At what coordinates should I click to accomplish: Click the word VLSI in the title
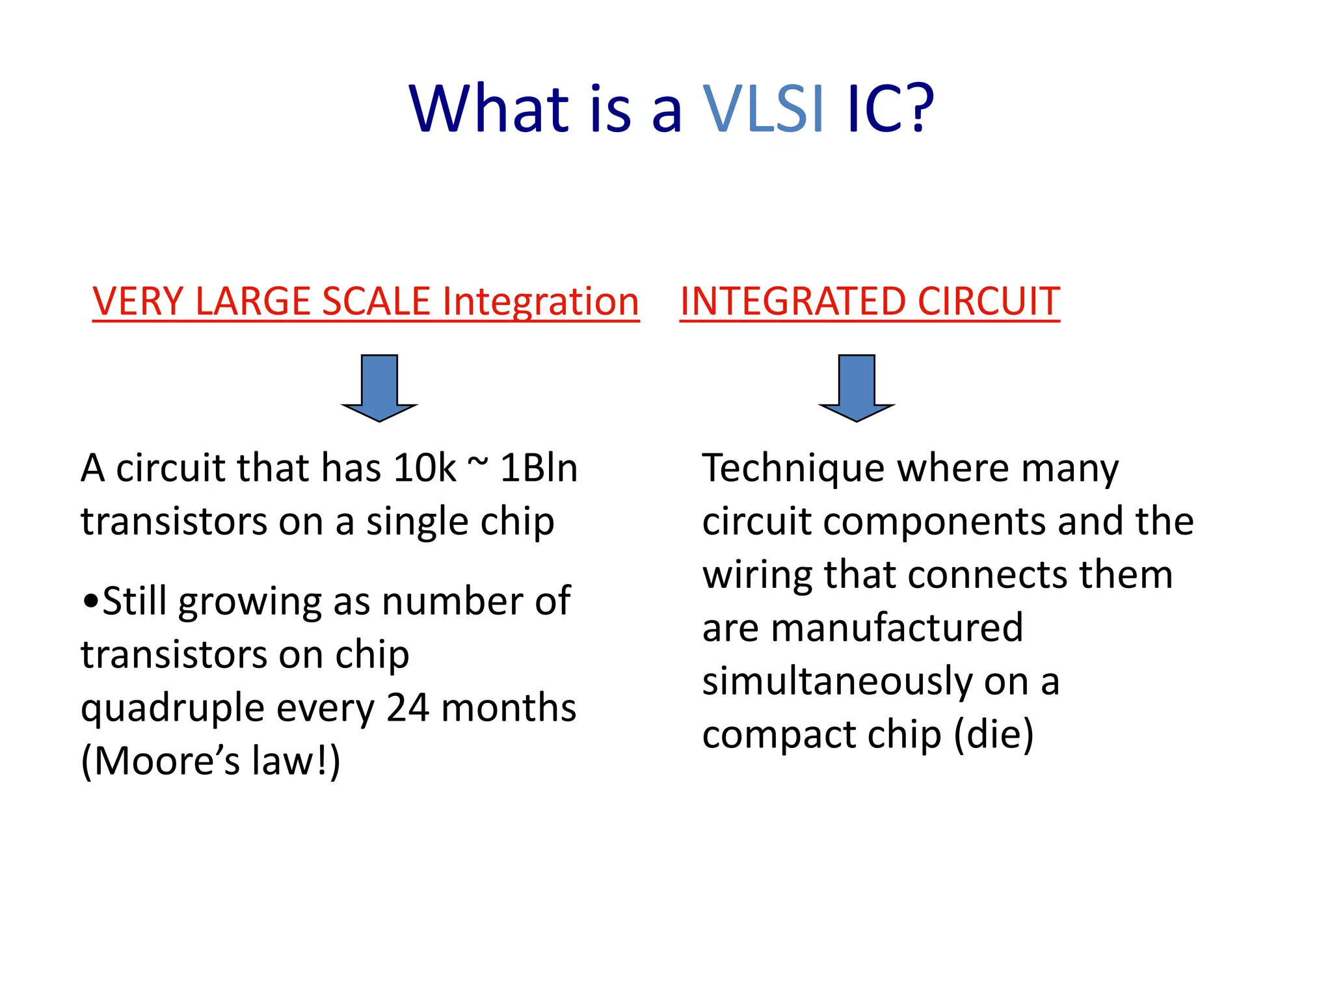click(x=764, y=109)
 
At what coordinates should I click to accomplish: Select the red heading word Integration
click(x=540, y=302)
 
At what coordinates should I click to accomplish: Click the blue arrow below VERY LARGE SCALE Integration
click(x=379, y=388)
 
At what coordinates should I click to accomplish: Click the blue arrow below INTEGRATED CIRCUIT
click(x=857, y=388)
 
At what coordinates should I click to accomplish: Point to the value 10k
click(x=425, y=468)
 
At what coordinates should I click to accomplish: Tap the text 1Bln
click(x=539, y=468)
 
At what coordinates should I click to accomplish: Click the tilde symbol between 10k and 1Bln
click(x=478, y=463)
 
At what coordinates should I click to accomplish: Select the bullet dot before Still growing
click(x=90, y=602)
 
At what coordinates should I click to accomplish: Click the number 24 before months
click(x=408, y=708)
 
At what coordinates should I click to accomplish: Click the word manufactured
click(x=897, y=628)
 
